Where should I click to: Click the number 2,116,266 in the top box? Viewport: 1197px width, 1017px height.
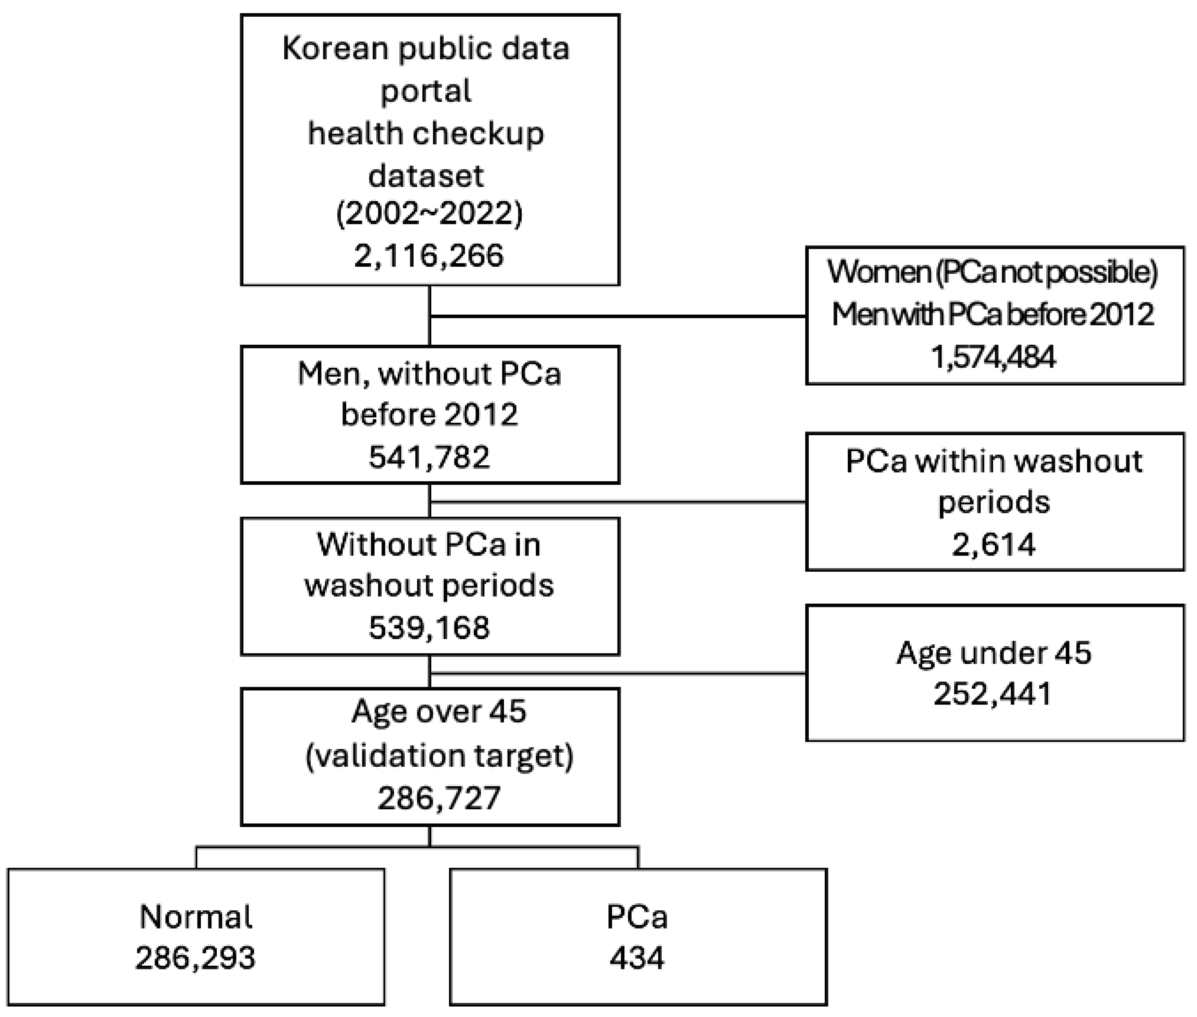pyautogui.click(x=428, y=255)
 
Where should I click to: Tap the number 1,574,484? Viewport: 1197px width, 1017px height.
pyautogui.click(x=993, y=357)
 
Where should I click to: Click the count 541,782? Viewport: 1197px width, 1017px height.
pyautogui.click(x=429, y=457)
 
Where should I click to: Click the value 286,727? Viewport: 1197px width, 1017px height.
pyautogui.click(x=439, y=799)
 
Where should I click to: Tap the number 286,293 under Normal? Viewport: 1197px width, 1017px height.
pyautogui.click(x=195, y=958)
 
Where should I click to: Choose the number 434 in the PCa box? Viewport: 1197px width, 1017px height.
pyautogui.click(x=637, y=958)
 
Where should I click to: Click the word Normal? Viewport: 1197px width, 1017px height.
pyautogui.click(x=195, y=917)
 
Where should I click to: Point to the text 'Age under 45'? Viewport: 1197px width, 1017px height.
pyautogui.click(x=993, y=653)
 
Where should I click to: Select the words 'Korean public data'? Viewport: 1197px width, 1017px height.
pyautogui.click(x=425, y=48)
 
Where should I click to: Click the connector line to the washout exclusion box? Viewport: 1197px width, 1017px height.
pyautogui.click(x=617, y=502)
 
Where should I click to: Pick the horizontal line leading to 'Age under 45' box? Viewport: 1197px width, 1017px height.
pyautogui.click(x=617, y=673)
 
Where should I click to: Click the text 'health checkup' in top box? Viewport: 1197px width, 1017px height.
pyautogui.click(x=425, y=134)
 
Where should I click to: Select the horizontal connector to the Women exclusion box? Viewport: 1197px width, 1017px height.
pyautogui.click(x=617, y=316)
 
